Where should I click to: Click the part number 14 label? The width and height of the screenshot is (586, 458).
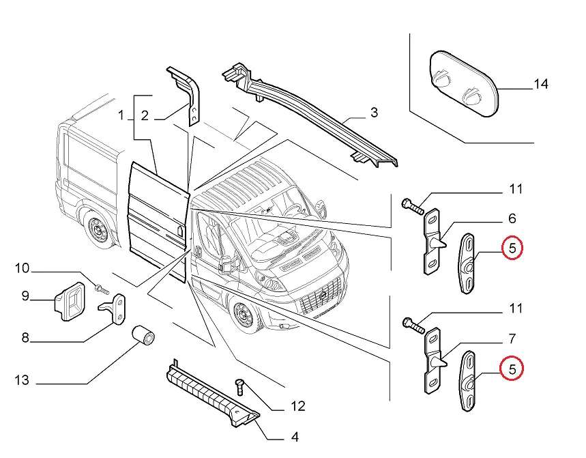coord(541,85)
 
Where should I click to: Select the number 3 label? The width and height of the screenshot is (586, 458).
coord(374,113)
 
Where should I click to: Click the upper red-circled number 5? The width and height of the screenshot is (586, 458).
coord(512,247)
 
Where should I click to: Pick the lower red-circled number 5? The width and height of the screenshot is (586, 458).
coord(512,369)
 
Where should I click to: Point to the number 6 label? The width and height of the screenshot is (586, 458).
coord(512,219)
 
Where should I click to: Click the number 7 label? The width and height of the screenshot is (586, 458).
coord(512,339)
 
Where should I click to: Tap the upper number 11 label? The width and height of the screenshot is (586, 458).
coord(514,189)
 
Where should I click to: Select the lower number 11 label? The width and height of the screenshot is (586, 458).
coord(514,309)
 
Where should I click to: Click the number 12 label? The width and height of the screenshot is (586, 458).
coord(297,407)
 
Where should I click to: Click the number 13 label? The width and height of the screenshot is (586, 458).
coord(23,380)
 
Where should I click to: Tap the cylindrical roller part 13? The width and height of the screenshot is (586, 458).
coord(145,337)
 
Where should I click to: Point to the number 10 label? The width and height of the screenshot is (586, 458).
coord(23,268)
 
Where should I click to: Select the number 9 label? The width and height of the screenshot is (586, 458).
coord(25,296)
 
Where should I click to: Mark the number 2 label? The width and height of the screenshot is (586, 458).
coord(145,116)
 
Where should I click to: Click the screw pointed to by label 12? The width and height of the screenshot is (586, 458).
coord(239,387)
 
